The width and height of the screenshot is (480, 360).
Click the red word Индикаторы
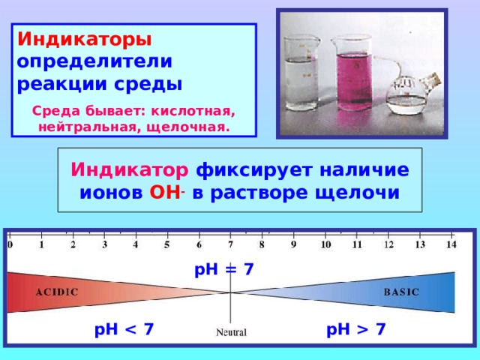click(x=85, y=40)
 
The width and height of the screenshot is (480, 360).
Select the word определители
click(x=94, y=62)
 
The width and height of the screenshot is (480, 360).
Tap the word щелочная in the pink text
click(x=188, y=127)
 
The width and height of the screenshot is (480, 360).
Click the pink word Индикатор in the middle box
click(x=130, y=169)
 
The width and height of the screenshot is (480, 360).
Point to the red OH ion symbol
click(x=165, y=193)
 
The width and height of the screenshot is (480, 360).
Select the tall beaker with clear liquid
click(x=301, y=73)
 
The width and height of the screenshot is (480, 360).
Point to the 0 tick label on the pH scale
click(x=10, y=244)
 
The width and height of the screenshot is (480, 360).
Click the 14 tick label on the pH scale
click(x=451, y=244)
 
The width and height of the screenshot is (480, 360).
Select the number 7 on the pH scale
click(x=230, y=244)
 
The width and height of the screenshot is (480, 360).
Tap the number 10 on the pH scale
click(x=325, y=244)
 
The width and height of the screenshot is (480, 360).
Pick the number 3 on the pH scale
click(x=105, y=244)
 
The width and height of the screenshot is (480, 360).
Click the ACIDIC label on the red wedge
click(x=57, y=292)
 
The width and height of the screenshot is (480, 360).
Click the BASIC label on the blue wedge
click(x=401, y=292)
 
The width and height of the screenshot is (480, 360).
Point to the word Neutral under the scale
click(x=231, y=332)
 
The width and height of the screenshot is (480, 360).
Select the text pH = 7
click(x=224, y=270)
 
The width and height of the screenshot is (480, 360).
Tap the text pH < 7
click(x=124, y=329)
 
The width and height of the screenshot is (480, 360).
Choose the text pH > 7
click(x=355, y=329)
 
